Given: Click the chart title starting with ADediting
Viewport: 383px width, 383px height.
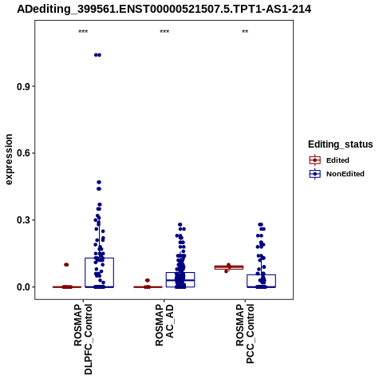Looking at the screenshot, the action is click(164, 10).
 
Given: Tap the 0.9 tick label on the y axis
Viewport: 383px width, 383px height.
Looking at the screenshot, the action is click(23, 86).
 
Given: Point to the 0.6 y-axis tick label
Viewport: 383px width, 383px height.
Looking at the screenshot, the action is click(23, 153).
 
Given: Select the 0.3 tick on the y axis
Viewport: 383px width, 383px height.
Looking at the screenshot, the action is click(23, 220).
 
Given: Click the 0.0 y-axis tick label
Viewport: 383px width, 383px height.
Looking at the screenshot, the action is click(23, 287).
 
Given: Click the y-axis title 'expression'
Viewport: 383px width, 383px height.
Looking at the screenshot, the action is click(9, 160).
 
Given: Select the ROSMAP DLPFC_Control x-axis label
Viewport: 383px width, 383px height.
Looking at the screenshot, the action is click(83, 339).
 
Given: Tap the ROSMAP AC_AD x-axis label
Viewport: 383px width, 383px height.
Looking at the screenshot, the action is click(164, 326).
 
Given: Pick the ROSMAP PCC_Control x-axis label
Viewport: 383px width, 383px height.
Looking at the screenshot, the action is click(245, 334).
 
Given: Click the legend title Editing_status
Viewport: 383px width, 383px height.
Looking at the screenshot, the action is click(341, 144).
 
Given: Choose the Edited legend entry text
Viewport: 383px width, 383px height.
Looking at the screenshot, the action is click(338, 160).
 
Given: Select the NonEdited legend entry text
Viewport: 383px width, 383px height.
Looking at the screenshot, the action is click(345, 174).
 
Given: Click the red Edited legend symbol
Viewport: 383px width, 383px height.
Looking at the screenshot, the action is click(315, 160).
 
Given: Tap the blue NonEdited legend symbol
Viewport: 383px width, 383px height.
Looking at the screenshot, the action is click(315, 174).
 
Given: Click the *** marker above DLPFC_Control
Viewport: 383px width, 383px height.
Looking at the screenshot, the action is click(83, 31).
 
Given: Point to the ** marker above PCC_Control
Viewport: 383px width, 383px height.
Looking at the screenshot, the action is click(245, 31).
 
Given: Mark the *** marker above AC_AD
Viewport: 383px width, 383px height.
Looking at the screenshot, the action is click(164, 31).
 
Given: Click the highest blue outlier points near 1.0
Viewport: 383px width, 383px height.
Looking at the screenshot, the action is click(97, 55).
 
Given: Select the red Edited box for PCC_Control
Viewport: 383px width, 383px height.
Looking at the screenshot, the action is click(229, 267).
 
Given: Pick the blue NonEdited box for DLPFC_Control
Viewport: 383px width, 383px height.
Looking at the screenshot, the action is click(100, 273).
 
